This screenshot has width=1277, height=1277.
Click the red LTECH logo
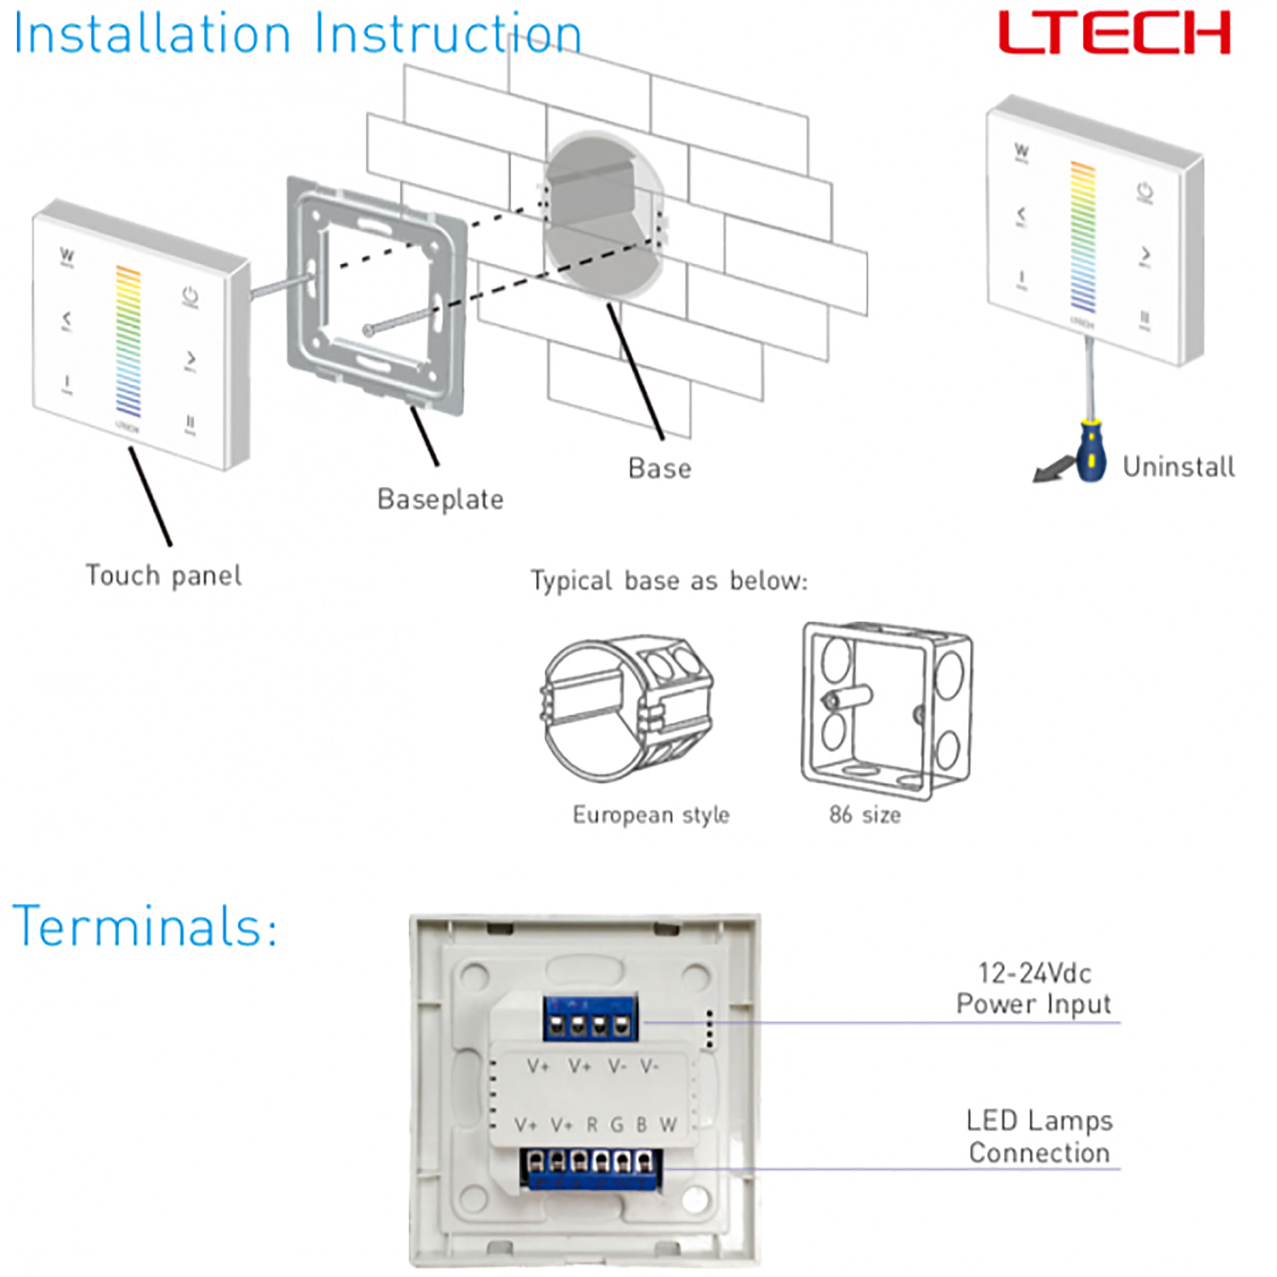[x=1113, y=33]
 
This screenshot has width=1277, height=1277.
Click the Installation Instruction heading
[x=298, y=34]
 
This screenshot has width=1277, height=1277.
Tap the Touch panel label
[x=163, y=576]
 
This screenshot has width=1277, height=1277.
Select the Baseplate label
[x=440, y=500]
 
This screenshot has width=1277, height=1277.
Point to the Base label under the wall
[x=660, y=469]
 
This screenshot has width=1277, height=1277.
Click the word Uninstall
[x=1179, y=467]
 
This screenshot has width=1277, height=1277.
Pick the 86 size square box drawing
[x=886, y=711]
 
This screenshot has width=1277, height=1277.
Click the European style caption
[x=651, y=815]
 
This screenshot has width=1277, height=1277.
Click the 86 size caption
[x=865, y=815]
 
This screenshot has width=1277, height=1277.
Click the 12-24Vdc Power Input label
[x=1034, y=989]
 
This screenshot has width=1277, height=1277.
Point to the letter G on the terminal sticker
[x=617, y=1124]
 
